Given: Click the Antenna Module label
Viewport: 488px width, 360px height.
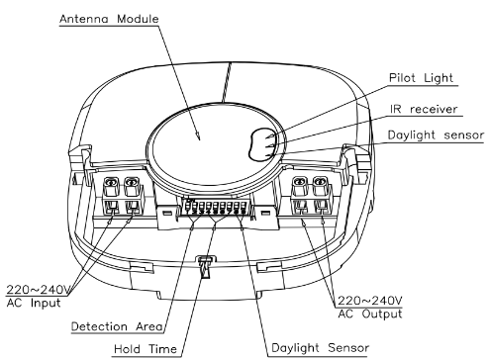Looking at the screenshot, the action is [x=109, y=19].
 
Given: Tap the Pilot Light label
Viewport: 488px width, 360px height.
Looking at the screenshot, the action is [x=422, y=78].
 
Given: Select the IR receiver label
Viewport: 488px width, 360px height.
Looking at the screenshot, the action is [x=424, y=109].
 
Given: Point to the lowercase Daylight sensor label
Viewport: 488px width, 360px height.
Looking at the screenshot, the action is [x=436, y=135].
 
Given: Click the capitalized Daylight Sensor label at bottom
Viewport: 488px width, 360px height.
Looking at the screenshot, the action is [x=320, y=348].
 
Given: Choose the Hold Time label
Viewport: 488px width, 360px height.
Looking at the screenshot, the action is [x=146, y=349].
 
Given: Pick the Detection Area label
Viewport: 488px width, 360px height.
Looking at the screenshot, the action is [x=117, y=326].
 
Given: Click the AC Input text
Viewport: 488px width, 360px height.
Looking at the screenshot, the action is [x=34, y=304].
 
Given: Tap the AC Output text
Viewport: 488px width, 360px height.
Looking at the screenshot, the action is [x=370, y=314].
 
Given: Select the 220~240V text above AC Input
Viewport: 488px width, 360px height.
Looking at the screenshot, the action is [x=39, y=290].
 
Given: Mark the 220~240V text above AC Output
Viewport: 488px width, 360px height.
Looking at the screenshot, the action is [x=370, y=301].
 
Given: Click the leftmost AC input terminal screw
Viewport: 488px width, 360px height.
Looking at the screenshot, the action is [x=112, y=182].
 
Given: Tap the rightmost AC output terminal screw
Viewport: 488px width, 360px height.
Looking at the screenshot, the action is [x=320, y=182].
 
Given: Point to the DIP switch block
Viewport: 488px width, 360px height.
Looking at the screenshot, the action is [x=215, y=207].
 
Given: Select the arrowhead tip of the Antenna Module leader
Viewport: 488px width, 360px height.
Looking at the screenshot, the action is [x=200, y=139].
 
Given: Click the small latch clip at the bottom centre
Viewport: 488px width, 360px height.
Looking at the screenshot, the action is [x=205, y=266].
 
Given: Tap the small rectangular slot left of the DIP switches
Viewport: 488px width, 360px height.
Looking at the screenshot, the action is [x=167, y=213].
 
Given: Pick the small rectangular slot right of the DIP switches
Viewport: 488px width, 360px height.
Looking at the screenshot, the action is [x=266, y=213].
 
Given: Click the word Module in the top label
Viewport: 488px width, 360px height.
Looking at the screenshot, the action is [x=138, y=19].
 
